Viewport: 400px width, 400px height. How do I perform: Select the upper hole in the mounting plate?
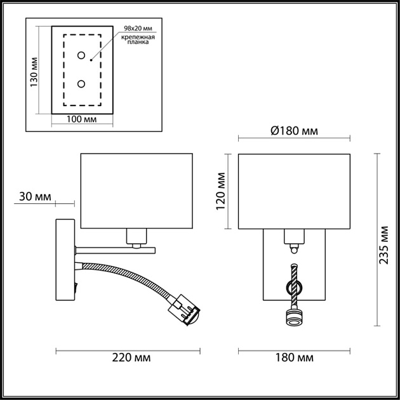(81, 56)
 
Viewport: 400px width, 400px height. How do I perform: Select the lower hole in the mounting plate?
(81, 84)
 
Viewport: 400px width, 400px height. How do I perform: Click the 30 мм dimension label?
(35, 197)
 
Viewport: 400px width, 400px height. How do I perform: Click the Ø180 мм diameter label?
(293, 131)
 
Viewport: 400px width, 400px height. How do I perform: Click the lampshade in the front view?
(294, 190)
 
